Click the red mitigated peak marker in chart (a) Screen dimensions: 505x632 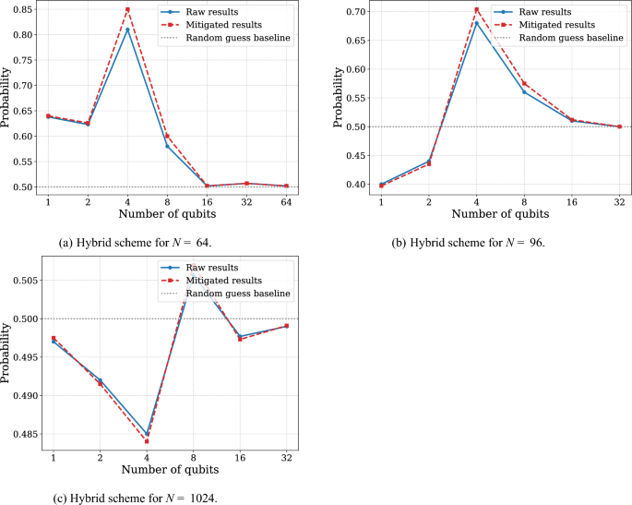[127, 9]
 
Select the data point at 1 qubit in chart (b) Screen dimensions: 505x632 [382, 185]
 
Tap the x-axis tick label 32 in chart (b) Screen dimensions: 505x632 [619, 199]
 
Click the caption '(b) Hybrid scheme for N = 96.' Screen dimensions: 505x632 [467, 243]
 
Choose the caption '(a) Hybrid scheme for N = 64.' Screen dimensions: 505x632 [141, 243]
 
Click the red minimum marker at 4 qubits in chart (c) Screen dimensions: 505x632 [147, 441]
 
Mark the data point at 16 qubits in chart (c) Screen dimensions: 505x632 [240, 338]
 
